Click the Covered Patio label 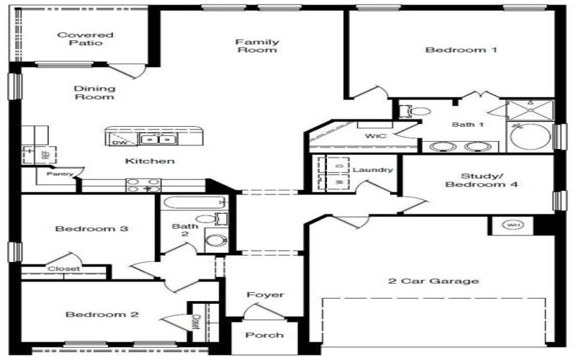pos(76,39)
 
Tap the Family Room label pos(257,46)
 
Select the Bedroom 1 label pos(451,50)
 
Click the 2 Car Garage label pos(433,281)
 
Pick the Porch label pos(264,335)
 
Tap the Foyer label pos(265,294)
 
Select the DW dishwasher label pos(119,143)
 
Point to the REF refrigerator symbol pos(30,154)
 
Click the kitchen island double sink pos(157,139)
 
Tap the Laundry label pos(373,170)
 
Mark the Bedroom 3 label pos(91,229)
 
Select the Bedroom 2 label pos(91,314)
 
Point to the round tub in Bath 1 pos(530,137)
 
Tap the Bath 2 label pos(180,230)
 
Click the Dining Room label pos(94,92)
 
